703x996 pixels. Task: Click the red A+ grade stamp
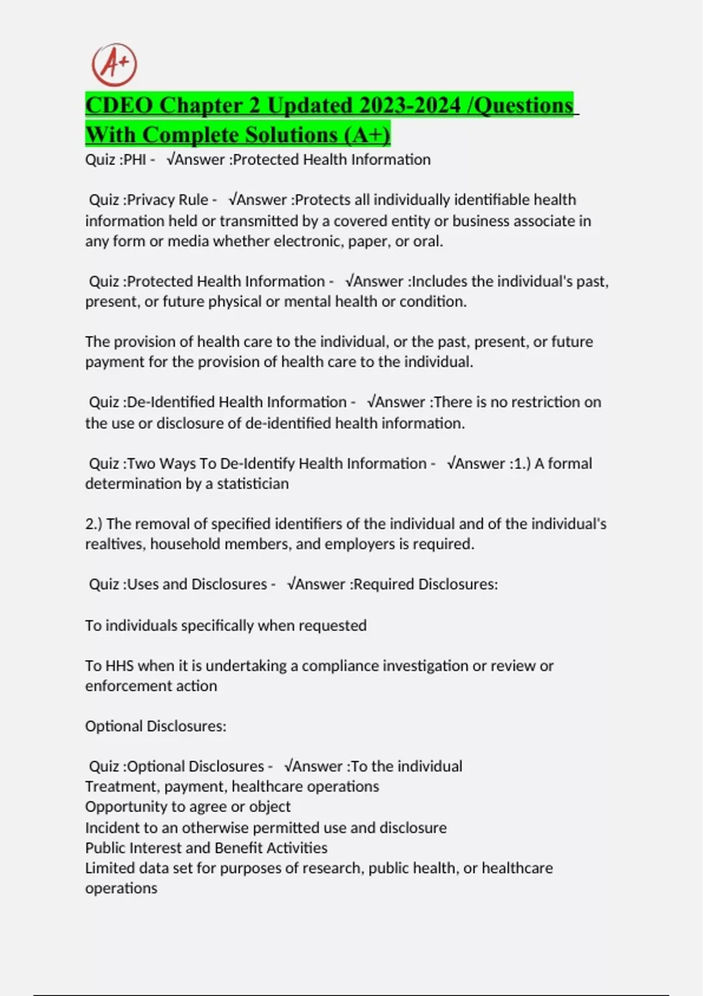point(114,65)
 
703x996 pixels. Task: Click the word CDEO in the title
point(120,105)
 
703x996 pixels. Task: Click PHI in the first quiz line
point(135,159)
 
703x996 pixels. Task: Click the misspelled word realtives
point(115,544)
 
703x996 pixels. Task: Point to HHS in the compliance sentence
point(120,666)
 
